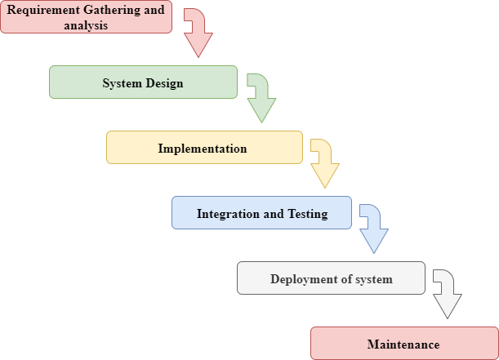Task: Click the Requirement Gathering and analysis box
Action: (x=86, y=17)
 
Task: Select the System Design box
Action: (x=143, y=82)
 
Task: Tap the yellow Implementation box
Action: (x=204, y=148)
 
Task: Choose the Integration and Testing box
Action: (x=261, y=213)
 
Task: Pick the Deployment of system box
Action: (x=331, y=278)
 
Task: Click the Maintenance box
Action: (x=403, y=344)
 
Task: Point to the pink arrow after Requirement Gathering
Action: (x=197, y=33)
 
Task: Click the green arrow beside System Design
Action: (x=261, y=99)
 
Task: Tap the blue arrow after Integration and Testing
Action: (x=373, y=229)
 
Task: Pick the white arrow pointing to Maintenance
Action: (x=447, y=295)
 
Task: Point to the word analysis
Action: (x=86, y=24)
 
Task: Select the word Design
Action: (x=165, y=83)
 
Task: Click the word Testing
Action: (x=308, y=214)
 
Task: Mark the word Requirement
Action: (x=44, y=10)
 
